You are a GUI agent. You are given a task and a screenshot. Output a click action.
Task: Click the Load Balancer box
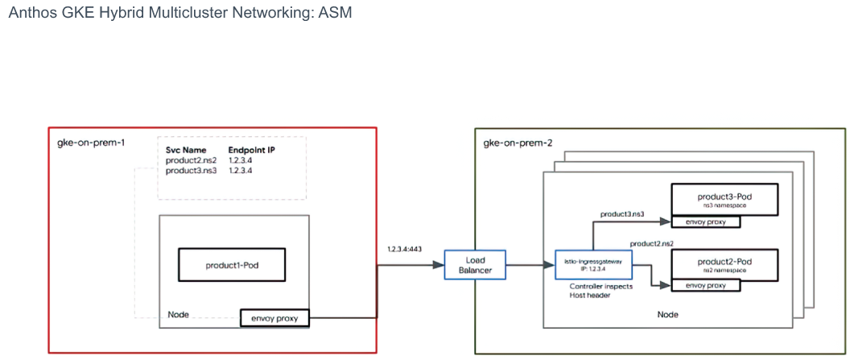(474, 265)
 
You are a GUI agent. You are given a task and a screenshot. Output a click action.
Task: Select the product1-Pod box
(232, 265)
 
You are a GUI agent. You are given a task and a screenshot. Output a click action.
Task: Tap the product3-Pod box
(724, 200)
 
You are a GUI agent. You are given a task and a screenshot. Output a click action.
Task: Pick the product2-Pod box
(724, 265)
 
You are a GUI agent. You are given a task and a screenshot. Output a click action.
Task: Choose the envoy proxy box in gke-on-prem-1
(274, 318)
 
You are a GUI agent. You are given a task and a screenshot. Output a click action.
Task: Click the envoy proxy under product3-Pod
(705, 221)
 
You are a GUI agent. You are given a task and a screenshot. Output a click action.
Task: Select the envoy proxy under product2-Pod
(705, 285)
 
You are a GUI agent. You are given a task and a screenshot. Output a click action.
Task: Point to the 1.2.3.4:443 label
(405, 249)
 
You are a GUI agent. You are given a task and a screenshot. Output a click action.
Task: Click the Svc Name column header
(185, 151)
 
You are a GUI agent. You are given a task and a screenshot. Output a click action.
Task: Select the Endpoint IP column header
(252, 151)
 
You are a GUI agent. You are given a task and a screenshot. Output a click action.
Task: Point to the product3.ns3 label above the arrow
(621, 214)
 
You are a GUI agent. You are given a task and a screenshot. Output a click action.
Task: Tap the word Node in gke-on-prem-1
(179, 315)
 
